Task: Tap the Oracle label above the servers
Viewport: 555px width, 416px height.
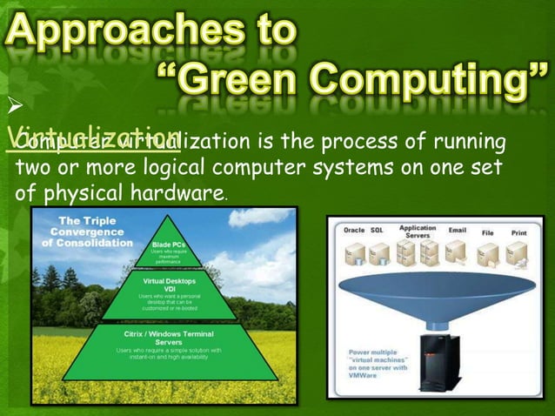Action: pyautogui.click(x=354, y=231)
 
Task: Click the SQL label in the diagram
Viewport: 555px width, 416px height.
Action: pyautogui.click(x=377, y=231)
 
